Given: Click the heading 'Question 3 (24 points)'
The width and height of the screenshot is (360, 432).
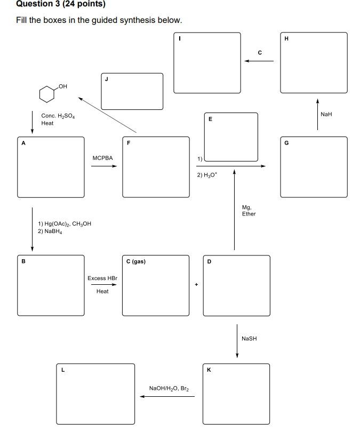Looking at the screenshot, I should coord(60,4).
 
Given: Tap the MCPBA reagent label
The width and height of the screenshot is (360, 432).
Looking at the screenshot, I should coord(102,158).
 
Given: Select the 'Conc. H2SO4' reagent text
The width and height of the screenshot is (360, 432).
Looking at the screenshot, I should coord(58,115).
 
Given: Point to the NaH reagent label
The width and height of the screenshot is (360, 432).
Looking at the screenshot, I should coord(326,114).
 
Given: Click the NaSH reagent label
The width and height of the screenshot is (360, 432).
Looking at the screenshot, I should coord(249,339).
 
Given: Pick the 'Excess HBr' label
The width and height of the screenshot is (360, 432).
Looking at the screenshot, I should coord(102,278).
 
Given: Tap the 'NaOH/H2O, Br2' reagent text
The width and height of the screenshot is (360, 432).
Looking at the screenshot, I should coord(169,388).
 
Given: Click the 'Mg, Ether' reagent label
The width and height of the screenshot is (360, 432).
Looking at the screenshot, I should coord(249,211).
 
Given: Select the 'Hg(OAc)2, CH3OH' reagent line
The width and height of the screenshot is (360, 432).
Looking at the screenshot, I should coord(65,224).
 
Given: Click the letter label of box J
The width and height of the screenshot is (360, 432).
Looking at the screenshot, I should coord(106,79).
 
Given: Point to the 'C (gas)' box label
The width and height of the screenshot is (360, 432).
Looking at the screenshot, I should coord(136,261).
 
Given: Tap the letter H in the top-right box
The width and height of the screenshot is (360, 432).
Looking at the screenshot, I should coord(286,38).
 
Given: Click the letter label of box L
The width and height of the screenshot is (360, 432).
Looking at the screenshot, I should coord(62,370).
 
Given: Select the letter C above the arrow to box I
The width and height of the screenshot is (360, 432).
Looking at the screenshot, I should coord(260,52).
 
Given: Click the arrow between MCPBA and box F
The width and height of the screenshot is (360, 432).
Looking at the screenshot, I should coord(103,166).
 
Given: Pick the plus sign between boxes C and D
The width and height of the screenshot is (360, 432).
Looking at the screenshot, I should coord(196,284).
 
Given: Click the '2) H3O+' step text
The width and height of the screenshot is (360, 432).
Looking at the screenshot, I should coord(207,174).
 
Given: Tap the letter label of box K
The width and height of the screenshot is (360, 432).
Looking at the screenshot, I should coord(209,370).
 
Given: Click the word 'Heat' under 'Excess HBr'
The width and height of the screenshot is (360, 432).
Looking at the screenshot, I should coord(102,291).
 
